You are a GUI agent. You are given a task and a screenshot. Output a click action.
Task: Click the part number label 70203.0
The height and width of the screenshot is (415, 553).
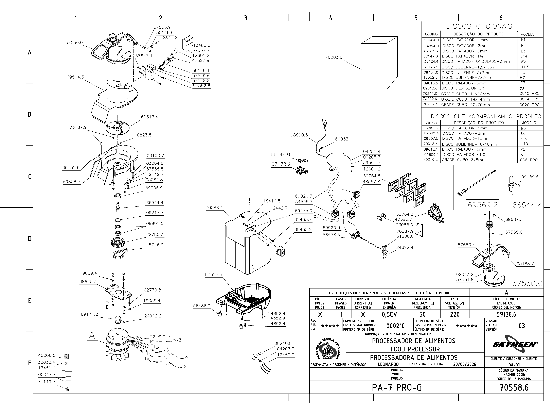pos(334,57)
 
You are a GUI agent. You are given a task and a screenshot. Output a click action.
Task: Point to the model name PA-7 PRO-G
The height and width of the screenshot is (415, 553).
pos(397,387)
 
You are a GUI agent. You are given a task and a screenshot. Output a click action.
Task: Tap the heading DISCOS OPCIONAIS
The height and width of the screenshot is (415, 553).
pos(482,26)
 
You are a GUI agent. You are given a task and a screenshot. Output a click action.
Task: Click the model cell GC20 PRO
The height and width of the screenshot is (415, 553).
pos(529,105)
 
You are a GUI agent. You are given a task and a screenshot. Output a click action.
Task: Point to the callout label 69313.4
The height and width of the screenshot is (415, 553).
pos(149,117)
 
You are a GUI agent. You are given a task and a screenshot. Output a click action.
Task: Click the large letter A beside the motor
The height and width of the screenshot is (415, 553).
pos(92,336)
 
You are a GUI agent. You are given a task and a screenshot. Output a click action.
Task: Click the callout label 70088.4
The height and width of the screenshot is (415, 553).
pos(214,208)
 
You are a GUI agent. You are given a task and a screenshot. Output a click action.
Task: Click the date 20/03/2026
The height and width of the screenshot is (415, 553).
pos(464,364)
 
